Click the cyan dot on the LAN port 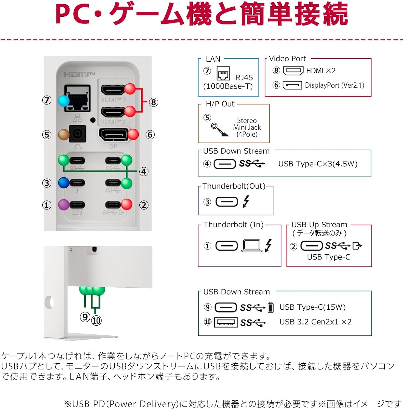point(64,101)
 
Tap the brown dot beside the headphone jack point(64,135)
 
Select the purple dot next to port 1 point(64,205)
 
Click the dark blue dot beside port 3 point(64,183)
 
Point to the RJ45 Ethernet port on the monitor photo point(78,98)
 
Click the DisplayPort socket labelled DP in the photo point(114,135)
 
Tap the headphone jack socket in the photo point(78,134)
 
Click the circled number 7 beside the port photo point(47,100)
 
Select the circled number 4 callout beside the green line point(144,172)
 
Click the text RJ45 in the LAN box point(244,77)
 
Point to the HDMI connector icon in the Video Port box point(293,71)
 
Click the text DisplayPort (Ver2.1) point(334,85)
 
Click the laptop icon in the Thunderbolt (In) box point(251,246)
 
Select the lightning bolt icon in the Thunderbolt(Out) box point(246,201)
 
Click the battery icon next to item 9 point(270,307)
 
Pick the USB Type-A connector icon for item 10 point(226,322)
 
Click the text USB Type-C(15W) point(312,307)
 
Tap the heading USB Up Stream point(319,224)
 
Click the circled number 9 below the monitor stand point(85,317)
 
